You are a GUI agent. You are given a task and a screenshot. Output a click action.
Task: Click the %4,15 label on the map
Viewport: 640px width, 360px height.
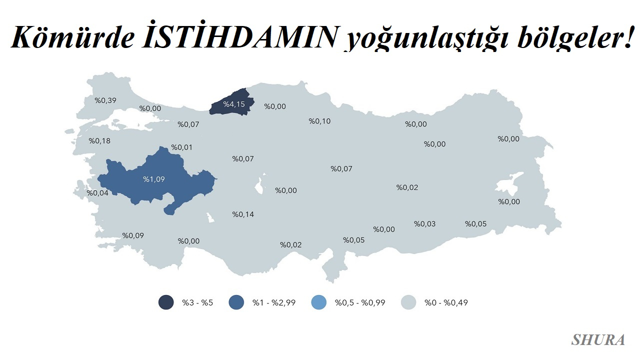point(233,104)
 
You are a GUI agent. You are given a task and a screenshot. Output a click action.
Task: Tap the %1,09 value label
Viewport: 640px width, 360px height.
point(153,179)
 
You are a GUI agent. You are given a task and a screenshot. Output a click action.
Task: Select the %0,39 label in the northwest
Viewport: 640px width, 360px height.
point(105,100)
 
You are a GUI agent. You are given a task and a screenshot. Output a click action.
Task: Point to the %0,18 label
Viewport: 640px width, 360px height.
point(99,141)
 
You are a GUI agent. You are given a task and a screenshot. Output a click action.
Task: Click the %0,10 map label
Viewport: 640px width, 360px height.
point(319,121)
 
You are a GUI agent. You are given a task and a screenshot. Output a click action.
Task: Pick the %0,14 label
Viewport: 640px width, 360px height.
point(243,214)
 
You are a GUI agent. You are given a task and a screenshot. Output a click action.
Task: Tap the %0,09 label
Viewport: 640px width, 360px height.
point(133,235)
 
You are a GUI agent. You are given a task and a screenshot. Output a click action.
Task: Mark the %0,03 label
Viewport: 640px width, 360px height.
point(424,223)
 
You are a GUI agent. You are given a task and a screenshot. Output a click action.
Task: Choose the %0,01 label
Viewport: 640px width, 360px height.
point(181,147)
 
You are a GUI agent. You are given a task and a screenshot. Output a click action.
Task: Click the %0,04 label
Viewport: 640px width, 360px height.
point(97,193)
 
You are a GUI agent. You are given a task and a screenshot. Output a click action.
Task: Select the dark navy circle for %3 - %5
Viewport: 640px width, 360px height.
point(166,302)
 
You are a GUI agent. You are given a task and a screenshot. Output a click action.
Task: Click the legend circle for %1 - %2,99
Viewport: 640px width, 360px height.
point(236,302)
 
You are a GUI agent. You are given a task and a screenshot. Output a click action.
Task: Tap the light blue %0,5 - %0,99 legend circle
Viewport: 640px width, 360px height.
point(318,302)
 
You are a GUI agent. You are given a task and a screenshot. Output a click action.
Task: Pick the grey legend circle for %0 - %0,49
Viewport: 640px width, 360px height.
point(408,302)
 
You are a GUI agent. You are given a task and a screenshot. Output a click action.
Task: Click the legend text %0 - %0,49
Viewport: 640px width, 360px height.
point(446,302)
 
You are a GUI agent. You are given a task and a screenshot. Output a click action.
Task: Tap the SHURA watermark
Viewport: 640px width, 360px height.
point(598,340)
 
